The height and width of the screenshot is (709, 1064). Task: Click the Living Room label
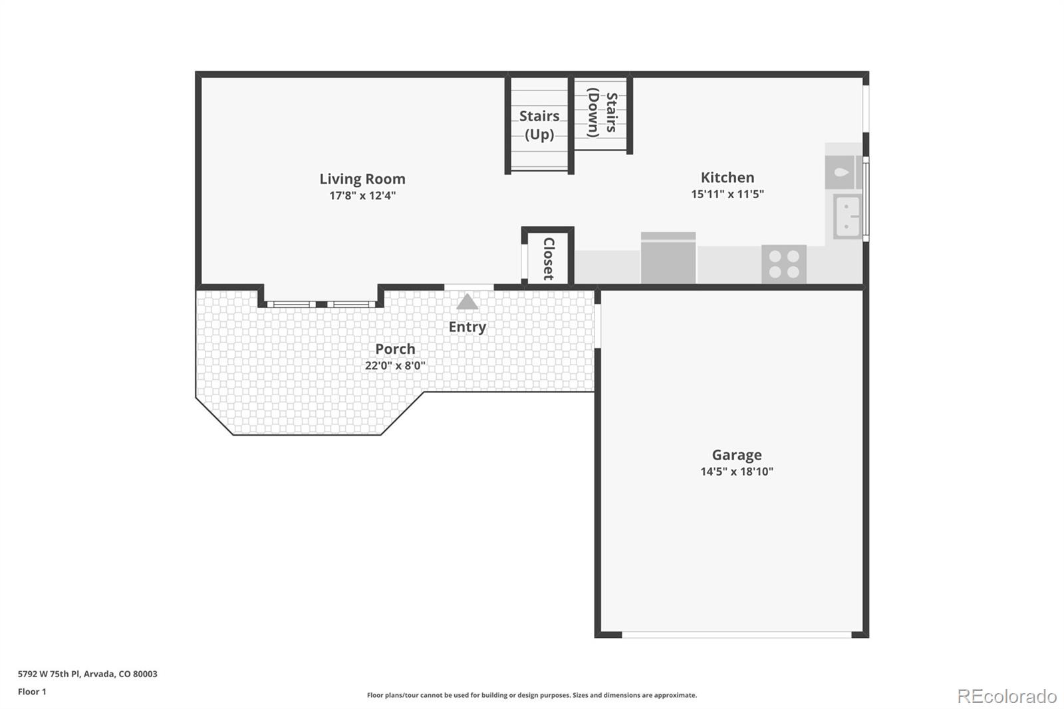pyautogui.click(x=362, y=179)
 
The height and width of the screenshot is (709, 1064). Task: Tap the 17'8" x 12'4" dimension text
pyautogui.click(x=362, y=196)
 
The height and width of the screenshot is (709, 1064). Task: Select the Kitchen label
pyautogui.click(x=727, y=178)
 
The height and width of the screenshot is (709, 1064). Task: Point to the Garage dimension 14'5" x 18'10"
pyautogui.click(x=736, y=472)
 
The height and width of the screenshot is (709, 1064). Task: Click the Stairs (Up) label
pyautogui.click(x=539, y=125)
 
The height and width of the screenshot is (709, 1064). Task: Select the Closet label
pyautogui.click(x=549, y=259)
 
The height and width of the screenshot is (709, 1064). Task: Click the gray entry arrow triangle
pyautogui.click(x=467, y=303)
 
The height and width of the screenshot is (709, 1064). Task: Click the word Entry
pyautogui.click(x=467, y=327)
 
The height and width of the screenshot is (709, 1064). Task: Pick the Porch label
pyautogui.click(x=395, y=349)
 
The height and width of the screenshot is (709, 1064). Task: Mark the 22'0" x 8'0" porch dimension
pyautogui.click(x=395, y=366)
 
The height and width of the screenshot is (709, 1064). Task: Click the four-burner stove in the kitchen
pyautogui.click(x=783, y=264)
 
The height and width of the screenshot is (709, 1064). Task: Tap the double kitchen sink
pyautogui.click(x=847, y=216)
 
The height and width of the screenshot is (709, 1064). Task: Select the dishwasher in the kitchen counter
pyautogui.click(x=668, y=258)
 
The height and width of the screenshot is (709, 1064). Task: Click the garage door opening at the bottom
pyautogui.click(x=736, y=635)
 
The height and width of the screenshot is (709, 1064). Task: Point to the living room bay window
pyautogui.click(x=321, y=304)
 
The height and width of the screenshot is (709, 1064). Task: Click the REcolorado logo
pyautogui.click(x=1006, y=696)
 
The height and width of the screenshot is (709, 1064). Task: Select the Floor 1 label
pyautogui.click(x=32, y=692)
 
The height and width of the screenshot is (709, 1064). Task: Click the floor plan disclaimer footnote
pyautogui.click(x=531, y=695)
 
